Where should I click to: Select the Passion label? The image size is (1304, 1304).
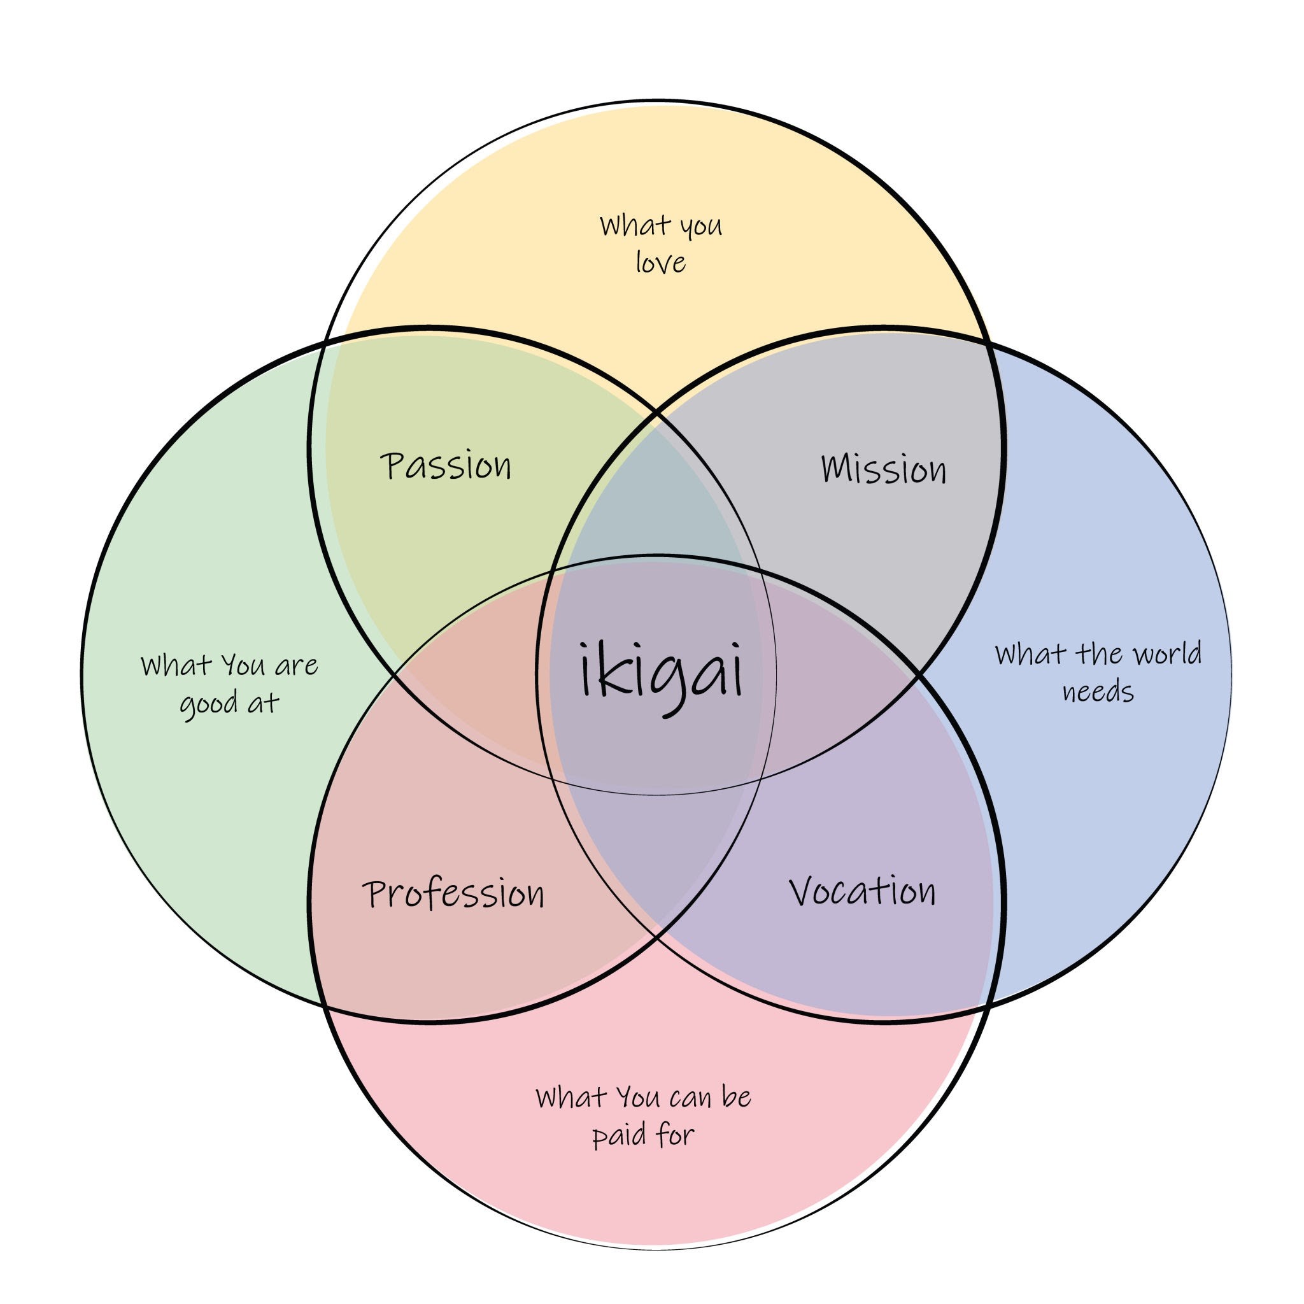click(x=446, y=466)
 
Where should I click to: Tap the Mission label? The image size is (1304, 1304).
click(x=883, y=469)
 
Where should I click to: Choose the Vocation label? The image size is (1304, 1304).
click(x=862, y=891)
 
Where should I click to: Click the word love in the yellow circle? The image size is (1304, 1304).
click(x=660, y=262)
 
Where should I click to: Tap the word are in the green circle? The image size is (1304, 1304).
click(x=296, y=666)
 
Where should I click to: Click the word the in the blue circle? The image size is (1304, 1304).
click(x=1101, y=653)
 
